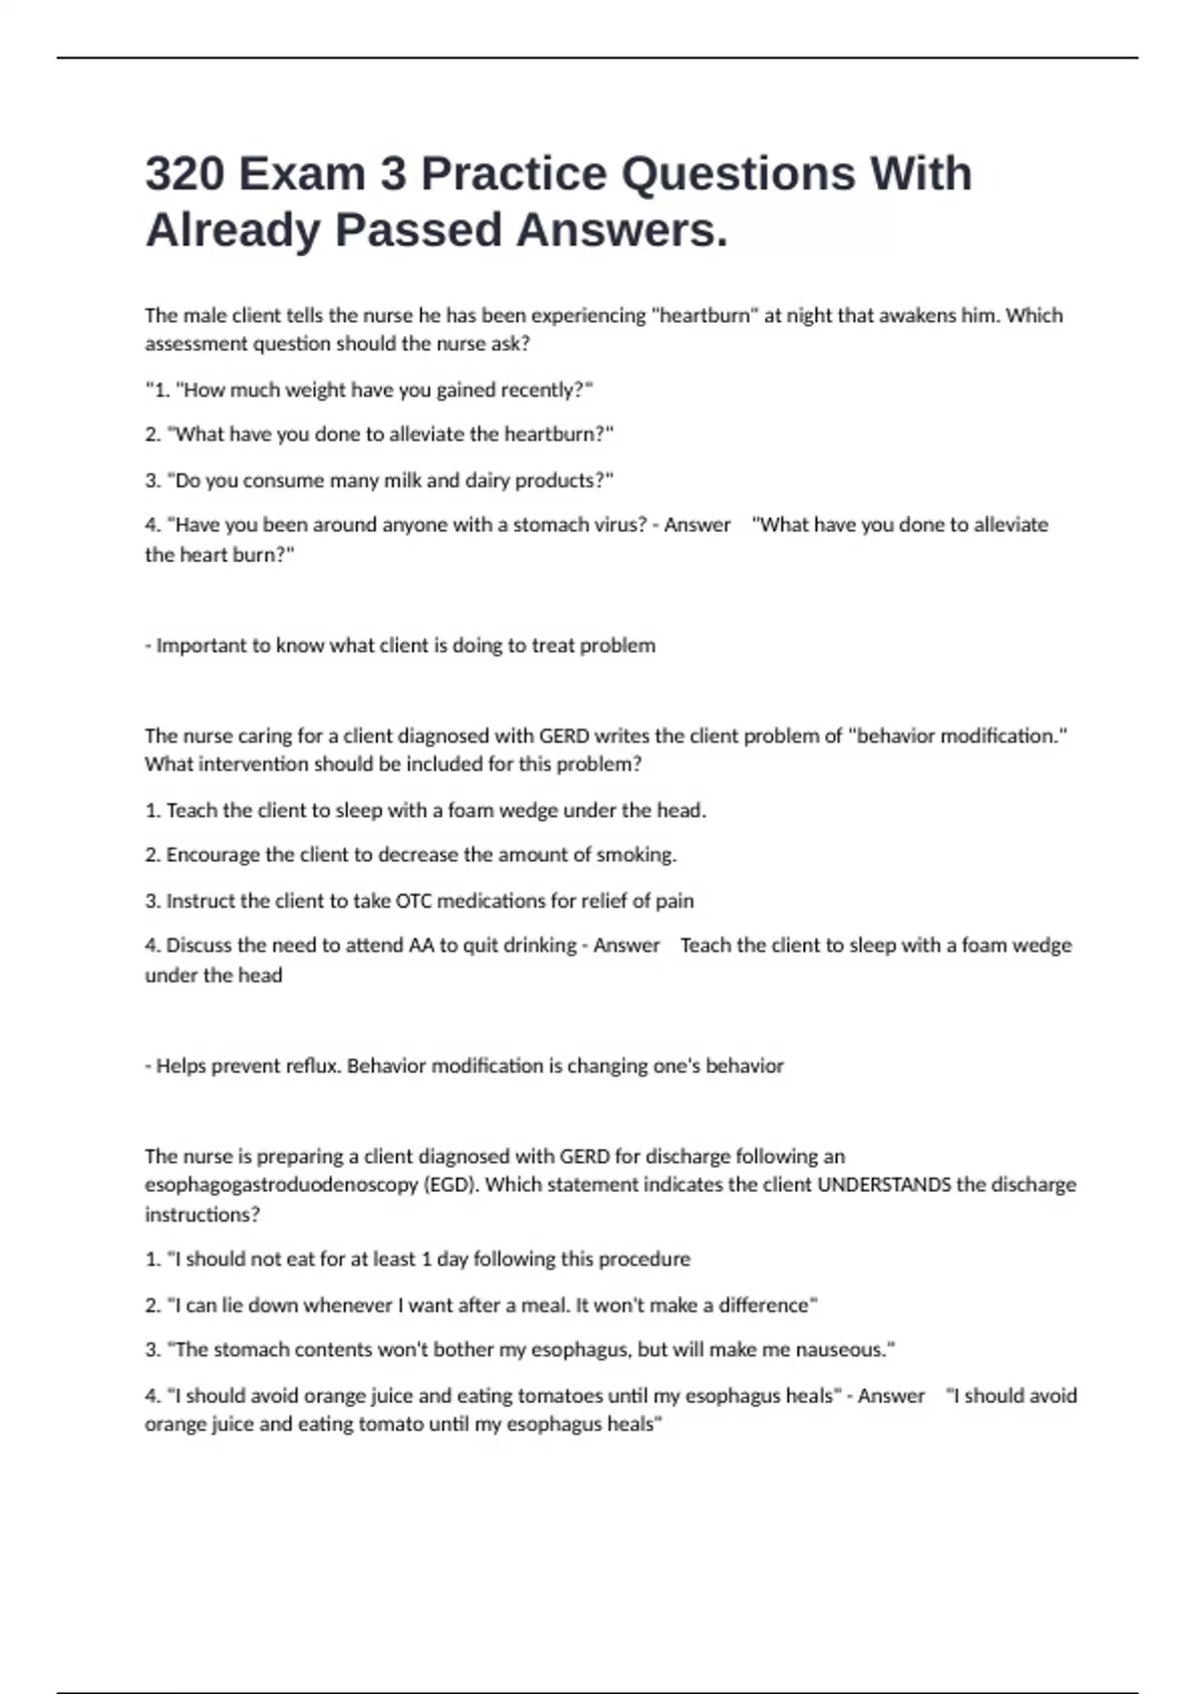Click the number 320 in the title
184,174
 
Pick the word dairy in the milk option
472,480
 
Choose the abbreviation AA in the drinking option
421,946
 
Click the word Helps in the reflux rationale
181,1066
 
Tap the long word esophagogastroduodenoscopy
281,1186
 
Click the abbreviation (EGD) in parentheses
451,1186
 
